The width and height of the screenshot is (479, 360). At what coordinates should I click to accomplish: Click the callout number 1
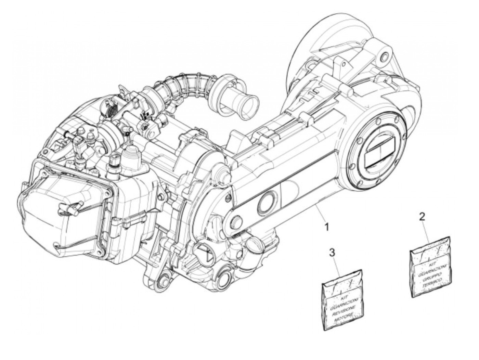pyautogui.click(x=327, y=227)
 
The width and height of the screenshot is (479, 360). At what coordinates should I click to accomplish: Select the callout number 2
pyautogui.click(x=423, y=217)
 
